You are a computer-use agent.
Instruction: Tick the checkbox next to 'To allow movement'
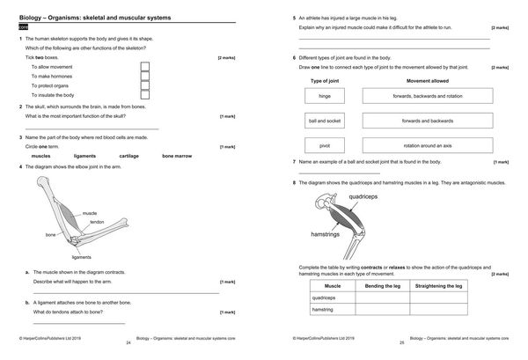tap(144, 66)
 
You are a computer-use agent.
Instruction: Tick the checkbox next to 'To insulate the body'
tap(144, 94)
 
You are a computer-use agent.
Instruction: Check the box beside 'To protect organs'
tap(144, 85)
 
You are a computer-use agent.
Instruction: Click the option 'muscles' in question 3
tap(40, 156)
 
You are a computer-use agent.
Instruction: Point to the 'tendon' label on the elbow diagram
tap(97, 222)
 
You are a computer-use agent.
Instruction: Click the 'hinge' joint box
tap(325, 96)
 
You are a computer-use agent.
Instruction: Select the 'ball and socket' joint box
tap(325, 121)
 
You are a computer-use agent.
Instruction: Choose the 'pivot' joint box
tap(325, 145)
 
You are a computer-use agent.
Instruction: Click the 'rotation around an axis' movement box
tap(428, 145)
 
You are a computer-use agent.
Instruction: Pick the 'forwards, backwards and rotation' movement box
tap(428, 96)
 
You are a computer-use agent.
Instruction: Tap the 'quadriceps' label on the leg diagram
tap(366, 197)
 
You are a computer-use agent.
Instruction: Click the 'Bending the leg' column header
tap(382, 286)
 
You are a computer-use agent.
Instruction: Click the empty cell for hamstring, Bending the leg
tap(382, 309)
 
